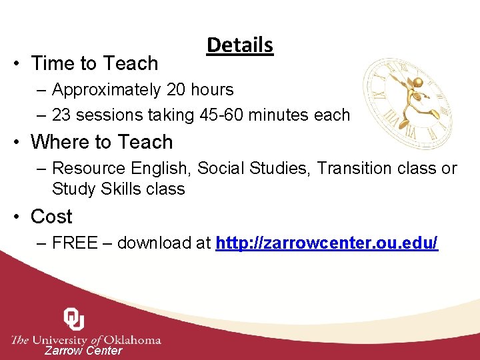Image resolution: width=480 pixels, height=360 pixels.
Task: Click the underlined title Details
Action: click(240, 45)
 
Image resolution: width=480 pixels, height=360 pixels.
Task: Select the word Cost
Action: click(51, 217)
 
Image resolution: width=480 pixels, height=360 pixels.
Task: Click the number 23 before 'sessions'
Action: click(61, 115)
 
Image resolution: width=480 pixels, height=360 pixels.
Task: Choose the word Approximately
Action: click(106, 89)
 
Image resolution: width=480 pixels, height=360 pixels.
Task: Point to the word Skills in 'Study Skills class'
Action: click(122, 189)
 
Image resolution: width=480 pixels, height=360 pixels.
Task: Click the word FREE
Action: click(75, 243)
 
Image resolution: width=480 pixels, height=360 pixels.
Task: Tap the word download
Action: click(155, 243)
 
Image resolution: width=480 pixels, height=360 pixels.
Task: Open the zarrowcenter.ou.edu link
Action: click(327, 243)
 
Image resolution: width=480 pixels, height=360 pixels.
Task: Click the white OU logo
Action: click(73, 319)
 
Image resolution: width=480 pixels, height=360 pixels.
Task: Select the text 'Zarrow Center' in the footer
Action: click(83, 351)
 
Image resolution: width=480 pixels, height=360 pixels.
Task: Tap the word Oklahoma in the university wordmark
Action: click(133, 340)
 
